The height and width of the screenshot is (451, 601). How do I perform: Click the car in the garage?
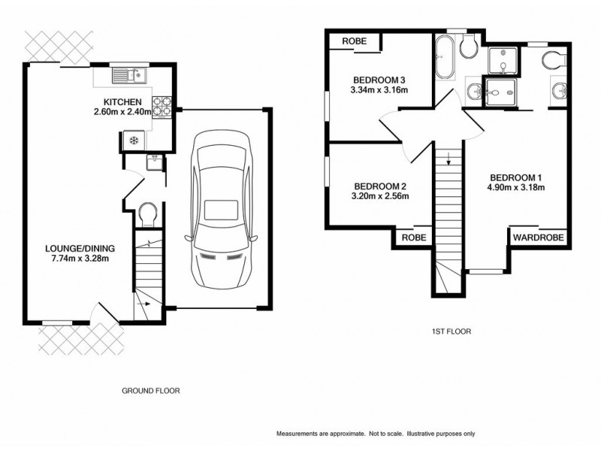click(221, 210)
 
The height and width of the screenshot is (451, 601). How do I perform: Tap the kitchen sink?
click(127, 74)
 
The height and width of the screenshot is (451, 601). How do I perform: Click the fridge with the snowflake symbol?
click(133, 141)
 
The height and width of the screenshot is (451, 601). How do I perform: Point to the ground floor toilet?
click(147, 214)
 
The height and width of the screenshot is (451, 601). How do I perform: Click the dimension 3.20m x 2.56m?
click(380, 197)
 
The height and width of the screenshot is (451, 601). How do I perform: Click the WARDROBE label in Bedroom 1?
click(539, 237)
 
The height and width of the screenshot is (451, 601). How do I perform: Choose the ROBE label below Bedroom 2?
click(414, 237)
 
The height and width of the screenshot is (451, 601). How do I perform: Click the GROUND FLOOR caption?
click(151, 391)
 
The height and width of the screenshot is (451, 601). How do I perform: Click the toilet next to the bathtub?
click(467, 48)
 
